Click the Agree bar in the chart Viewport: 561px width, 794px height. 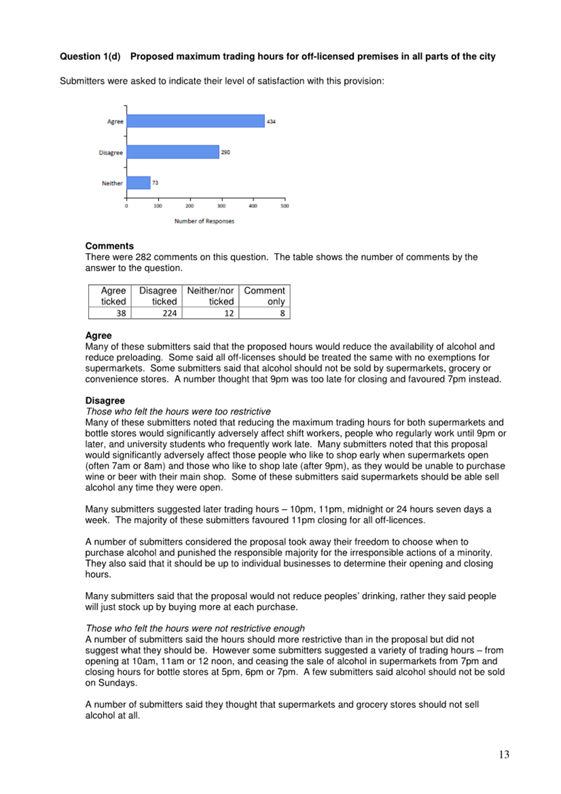(x=195, y=121)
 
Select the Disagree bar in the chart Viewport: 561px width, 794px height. (x=172, y=152)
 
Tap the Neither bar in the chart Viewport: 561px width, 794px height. (x=138, y=183)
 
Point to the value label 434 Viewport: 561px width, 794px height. (x=271, y=121)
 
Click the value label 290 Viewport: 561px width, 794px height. (x=226, y=152)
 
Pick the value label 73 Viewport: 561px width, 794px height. (x=155, y=183)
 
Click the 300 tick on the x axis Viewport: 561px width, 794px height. (x=222, y=206)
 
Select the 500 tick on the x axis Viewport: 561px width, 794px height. (x=285, y=206)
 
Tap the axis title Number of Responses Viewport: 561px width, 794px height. (x=204, y=221)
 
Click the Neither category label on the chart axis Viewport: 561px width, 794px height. (x=112, y=183)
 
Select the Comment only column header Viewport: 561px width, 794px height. (x=264, y=296)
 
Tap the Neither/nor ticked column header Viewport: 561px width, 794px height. (x=210, y=296)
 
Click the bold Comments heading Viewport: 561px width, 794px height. (x=109, y=246)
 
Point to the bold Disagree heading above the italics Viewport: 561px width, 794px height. (x=105, y=401)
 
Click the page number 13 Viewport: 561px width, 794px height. (x=504, y=755)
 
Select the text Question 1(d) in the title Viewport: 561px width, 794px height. (x=90, y=57)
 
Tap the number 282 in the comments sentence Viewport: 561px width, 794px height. (x=143, y=257)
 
